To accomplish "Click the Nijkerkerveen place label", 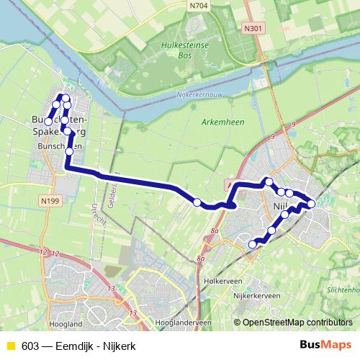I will pos(257,296).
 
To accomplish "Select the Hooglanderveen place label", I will pos(171,323).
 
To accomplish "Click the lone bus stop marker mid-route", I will pos(197,202).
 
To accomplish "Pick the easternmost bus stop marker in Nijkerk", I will pos(311,204).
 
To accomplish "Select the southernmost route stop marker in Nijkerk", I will pos(253,245).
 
